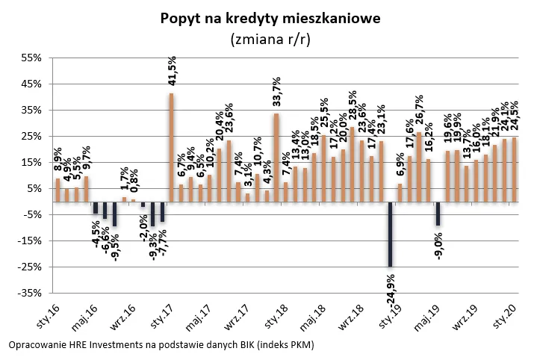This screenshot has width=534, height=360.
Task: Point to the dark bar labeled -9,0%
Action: click(x=438, y=214)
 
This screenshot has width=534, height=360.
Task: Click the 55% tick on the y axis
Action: click(x=34, y=58)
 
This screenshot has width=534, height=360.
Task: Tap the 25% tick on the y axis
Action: click(x=34, y=137)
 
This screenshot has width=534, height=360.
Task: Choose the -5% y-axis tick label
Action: click(x=34, y=215)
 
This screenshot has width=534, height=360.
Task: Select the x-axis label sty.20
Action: click(x=506, y=314)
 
